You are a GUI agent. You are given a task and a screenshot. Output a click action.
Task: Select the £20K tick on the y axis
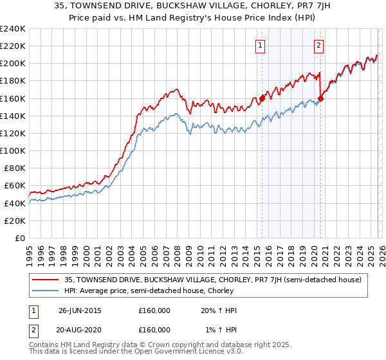coord(14,221)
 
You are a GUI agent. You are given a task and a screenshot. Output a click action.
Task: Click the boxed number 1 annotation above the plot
coord(260,45)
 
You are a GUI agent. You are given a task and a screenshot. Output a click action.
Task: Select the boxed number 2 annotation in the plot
coord(319,45)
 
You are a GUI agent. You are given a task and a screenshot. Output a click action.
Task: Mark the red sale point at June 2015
coord(262,98)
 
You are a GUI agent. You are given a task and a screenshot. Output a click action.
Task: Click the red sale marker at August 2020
coord(321,98)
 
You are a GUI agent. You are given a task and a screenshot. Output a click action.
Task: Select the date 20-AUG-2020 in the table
coord(80,329)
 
